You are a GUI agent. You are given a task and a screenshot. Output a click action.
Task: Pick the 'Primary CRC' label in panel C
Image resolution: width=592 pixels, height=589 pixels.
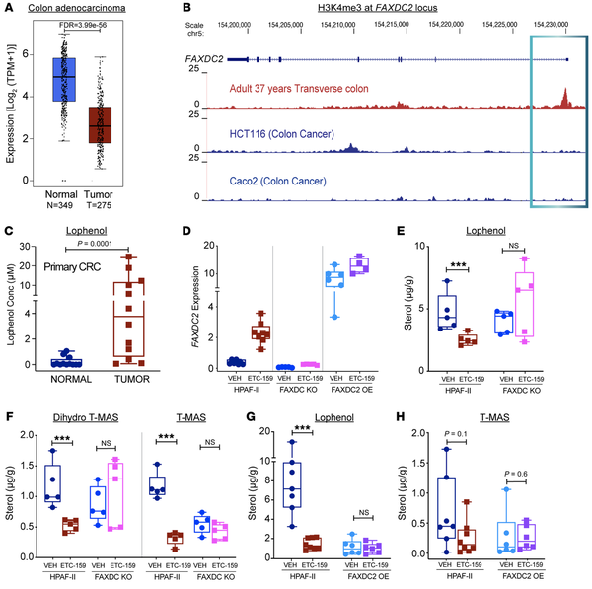(75, 265)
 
